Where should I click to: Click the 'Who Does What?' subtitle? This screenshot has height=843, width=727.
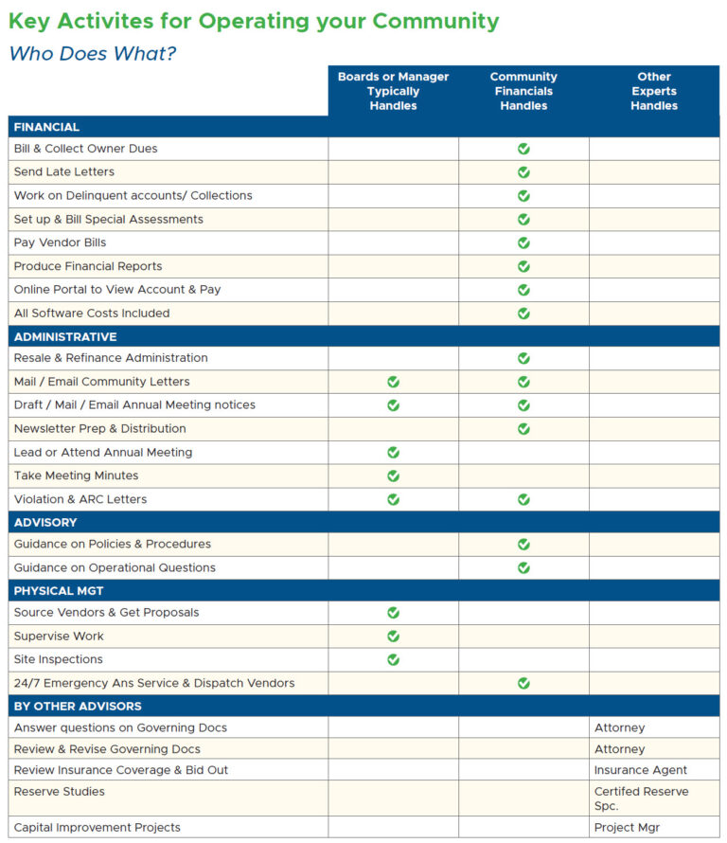click(x=93, y=54)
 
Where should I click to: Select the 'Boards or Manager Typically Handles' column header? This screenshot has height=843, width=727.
click(x=393, y=91)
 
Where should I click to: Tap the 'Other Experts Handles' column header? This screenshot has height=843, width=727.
click(x=653, y=91)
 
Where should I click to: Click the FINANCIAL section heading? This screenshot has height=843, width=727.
click(x=46, y=127)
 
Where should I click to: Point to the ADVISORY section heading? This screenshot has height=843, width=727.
click(x=45, y=522)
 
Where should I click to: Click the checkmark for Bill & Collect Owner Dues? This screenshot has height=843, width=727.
click(x=523, y=149)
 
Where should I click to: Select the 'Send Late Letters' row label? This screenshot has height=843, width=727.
click(x=64, y=171)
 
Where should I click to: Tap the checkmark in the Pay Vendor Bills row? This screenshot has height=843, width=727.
click(x=523, y=242)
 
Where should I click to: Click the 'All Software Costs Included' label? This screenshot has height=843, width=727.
click(x=92, y=313)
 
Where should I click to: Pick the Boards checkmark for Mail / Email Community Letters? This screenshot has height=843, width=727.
click(x=393, y=382)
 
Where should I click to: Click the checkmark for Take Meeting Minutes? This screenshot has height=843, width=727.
click(x=393, y=475)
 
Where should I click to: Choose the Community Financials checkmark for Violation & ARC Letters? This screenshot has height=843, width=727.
click(x=523, y=499)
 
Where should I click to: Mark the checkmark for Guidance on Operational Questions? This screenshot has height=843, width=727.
click(x=523, y=567)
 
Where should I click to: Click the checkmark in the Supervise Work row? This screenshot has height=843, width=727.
click(x=393, y=636)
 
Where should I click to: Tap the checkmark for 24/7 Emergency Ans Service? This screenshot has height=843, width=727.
click(x=523, y=683)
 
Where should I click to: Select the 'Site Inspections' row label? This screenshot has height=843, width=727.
click(x=58, y=659)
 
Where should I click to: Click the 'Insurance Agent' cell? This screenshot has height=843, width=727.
click(x=641, y=770)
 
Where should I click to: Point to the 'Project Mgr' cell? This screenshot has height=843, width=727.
click(x=627, y=827)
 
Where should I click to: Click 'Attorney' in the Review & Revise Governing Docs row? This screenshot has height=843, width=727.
click(x=619, y=749)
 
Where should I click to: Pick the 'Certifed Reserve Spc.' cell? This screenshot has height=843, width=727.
click(x=641, y=798)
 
